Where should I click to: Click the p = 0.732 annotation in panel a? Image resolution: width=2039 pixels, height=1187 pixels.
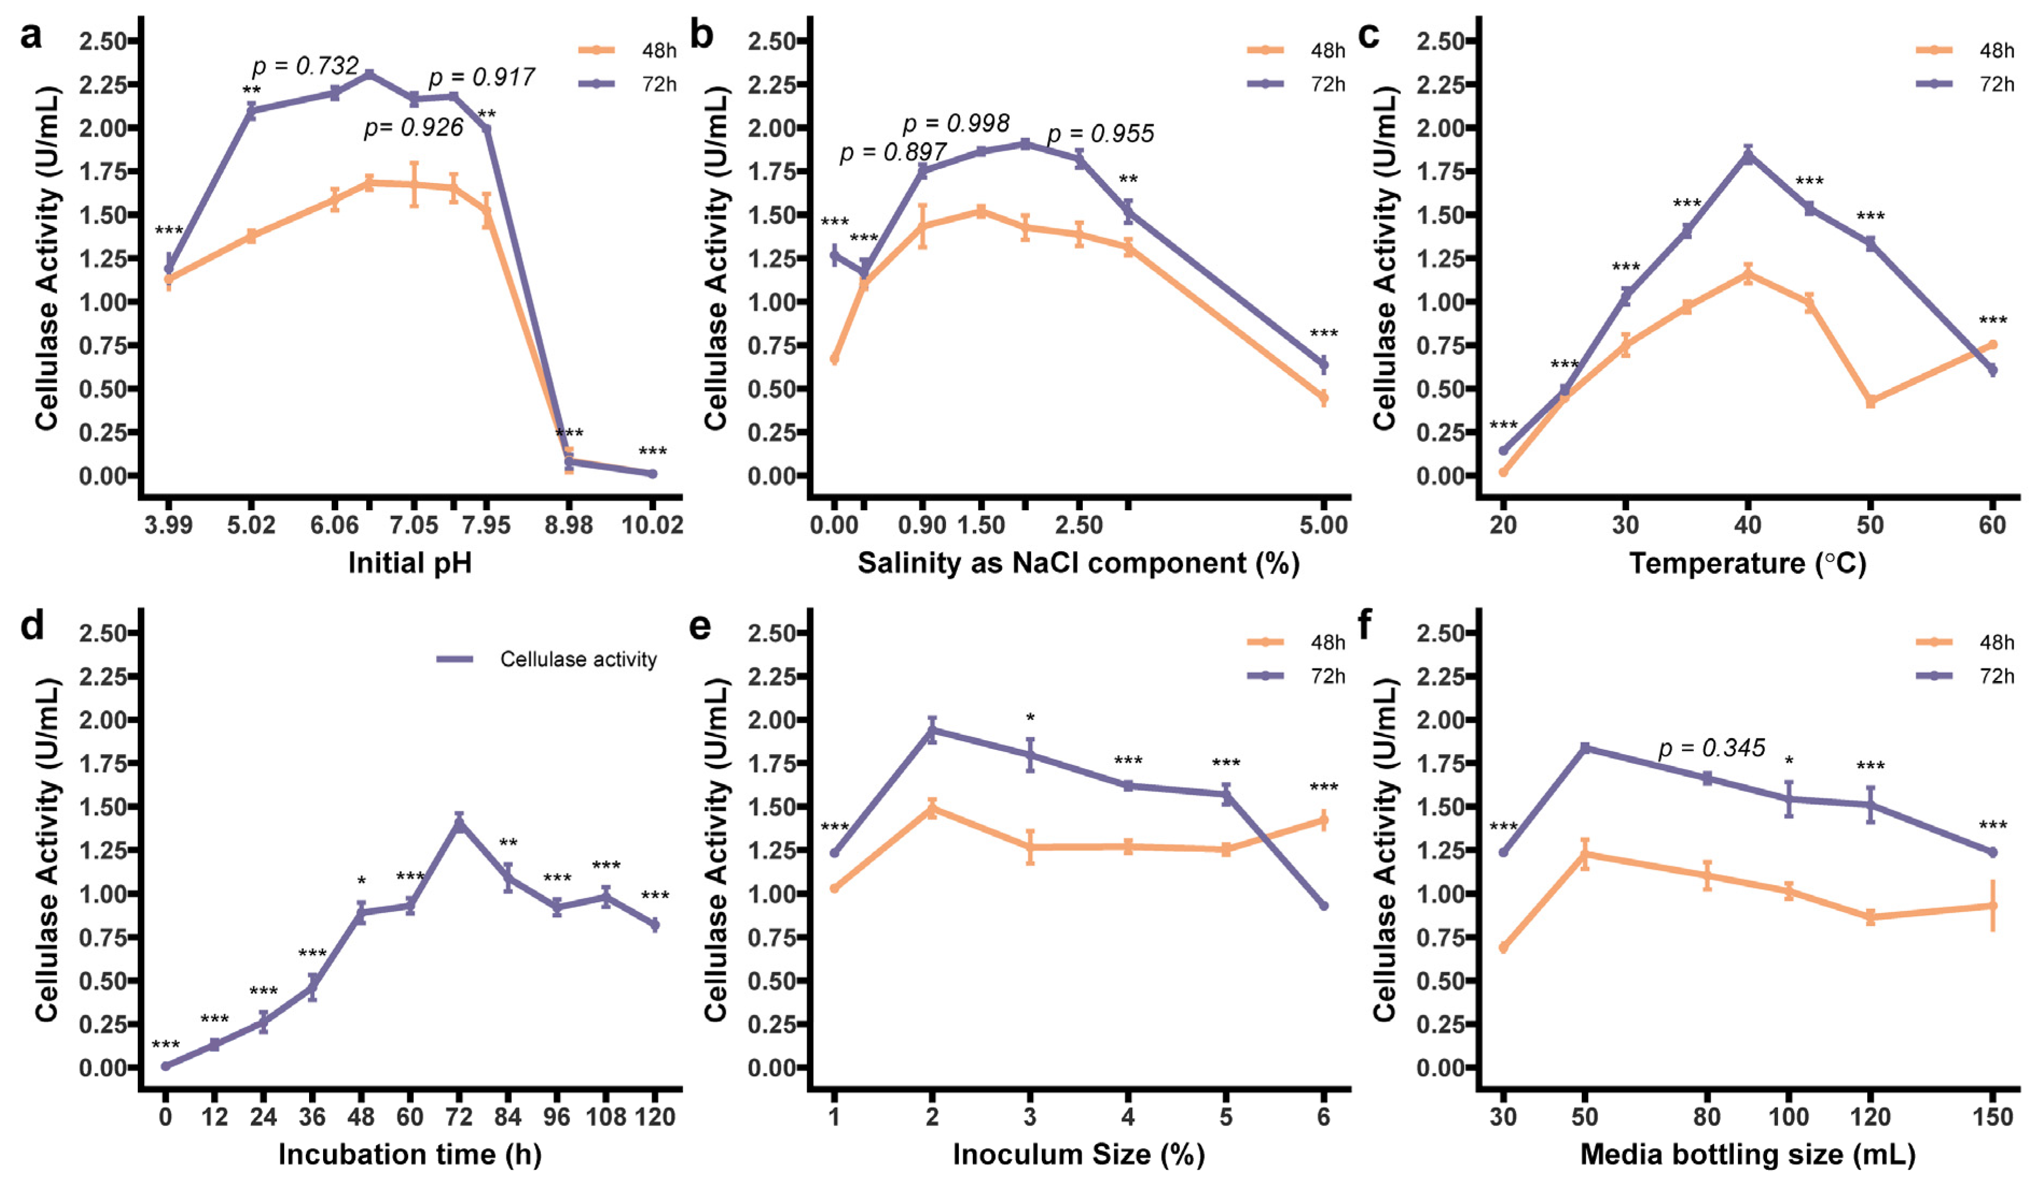(305, 66)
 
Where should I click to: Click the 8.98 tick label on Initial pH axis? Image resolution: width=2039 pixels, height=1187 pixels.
(568, 525)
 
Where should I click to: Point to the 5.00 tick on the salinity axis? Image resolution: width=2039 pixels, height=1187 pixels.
(1324, 525)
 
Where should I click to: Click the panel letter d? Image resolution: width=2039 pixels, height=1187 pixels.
(32, 627)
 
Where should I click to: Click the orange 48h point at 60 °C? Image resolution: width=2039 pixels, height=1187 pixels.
(1992, 345)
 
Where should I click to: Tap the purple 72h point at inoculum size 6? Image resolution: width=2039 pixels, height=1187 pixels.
(1324, 905)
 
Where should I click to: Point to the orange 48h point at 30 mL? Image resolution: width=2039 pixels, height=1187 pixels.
(1503, 947)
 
